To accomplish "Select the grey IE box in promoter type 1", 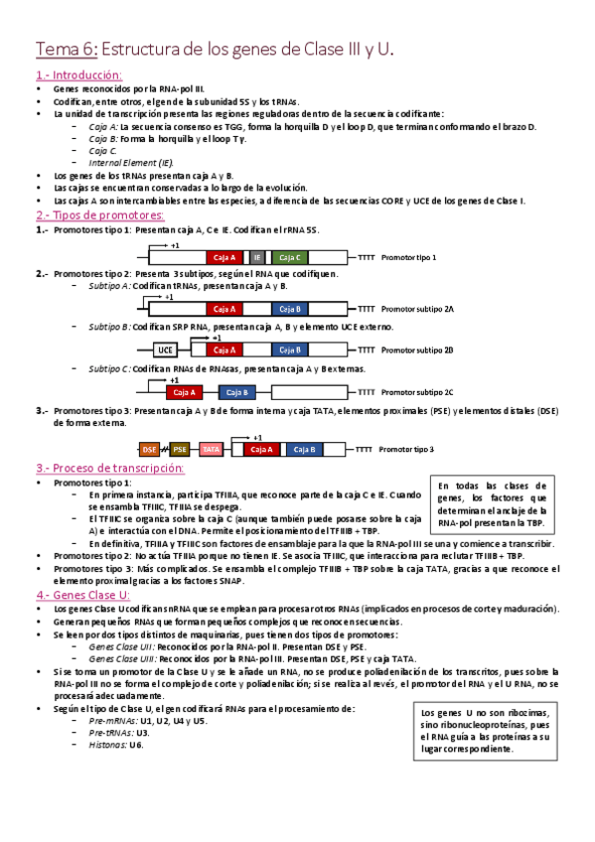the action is (257, 257).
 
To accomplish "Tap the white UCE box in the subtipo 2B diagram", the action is (165, 350).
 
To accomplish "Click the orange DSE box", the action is (150, 449).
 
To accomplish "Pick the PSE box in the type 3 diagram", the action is (180, 449).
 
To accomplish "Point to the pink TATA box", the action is (211, 449).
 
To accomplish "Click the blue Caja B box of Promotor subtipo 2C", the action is (237, 392).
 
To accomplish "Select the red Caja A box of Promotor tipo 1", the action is (224, 257).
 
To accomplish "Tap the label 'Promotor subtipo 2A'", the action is (417, 309).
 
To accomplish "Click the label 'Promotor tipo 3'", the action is (406, 449).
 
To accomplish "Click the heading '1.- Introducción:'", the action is (79, 75).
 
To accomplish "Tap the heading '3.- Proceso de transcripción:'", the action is (110, 468).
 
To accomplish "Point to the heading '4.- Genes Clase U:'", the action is (83, 595).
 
